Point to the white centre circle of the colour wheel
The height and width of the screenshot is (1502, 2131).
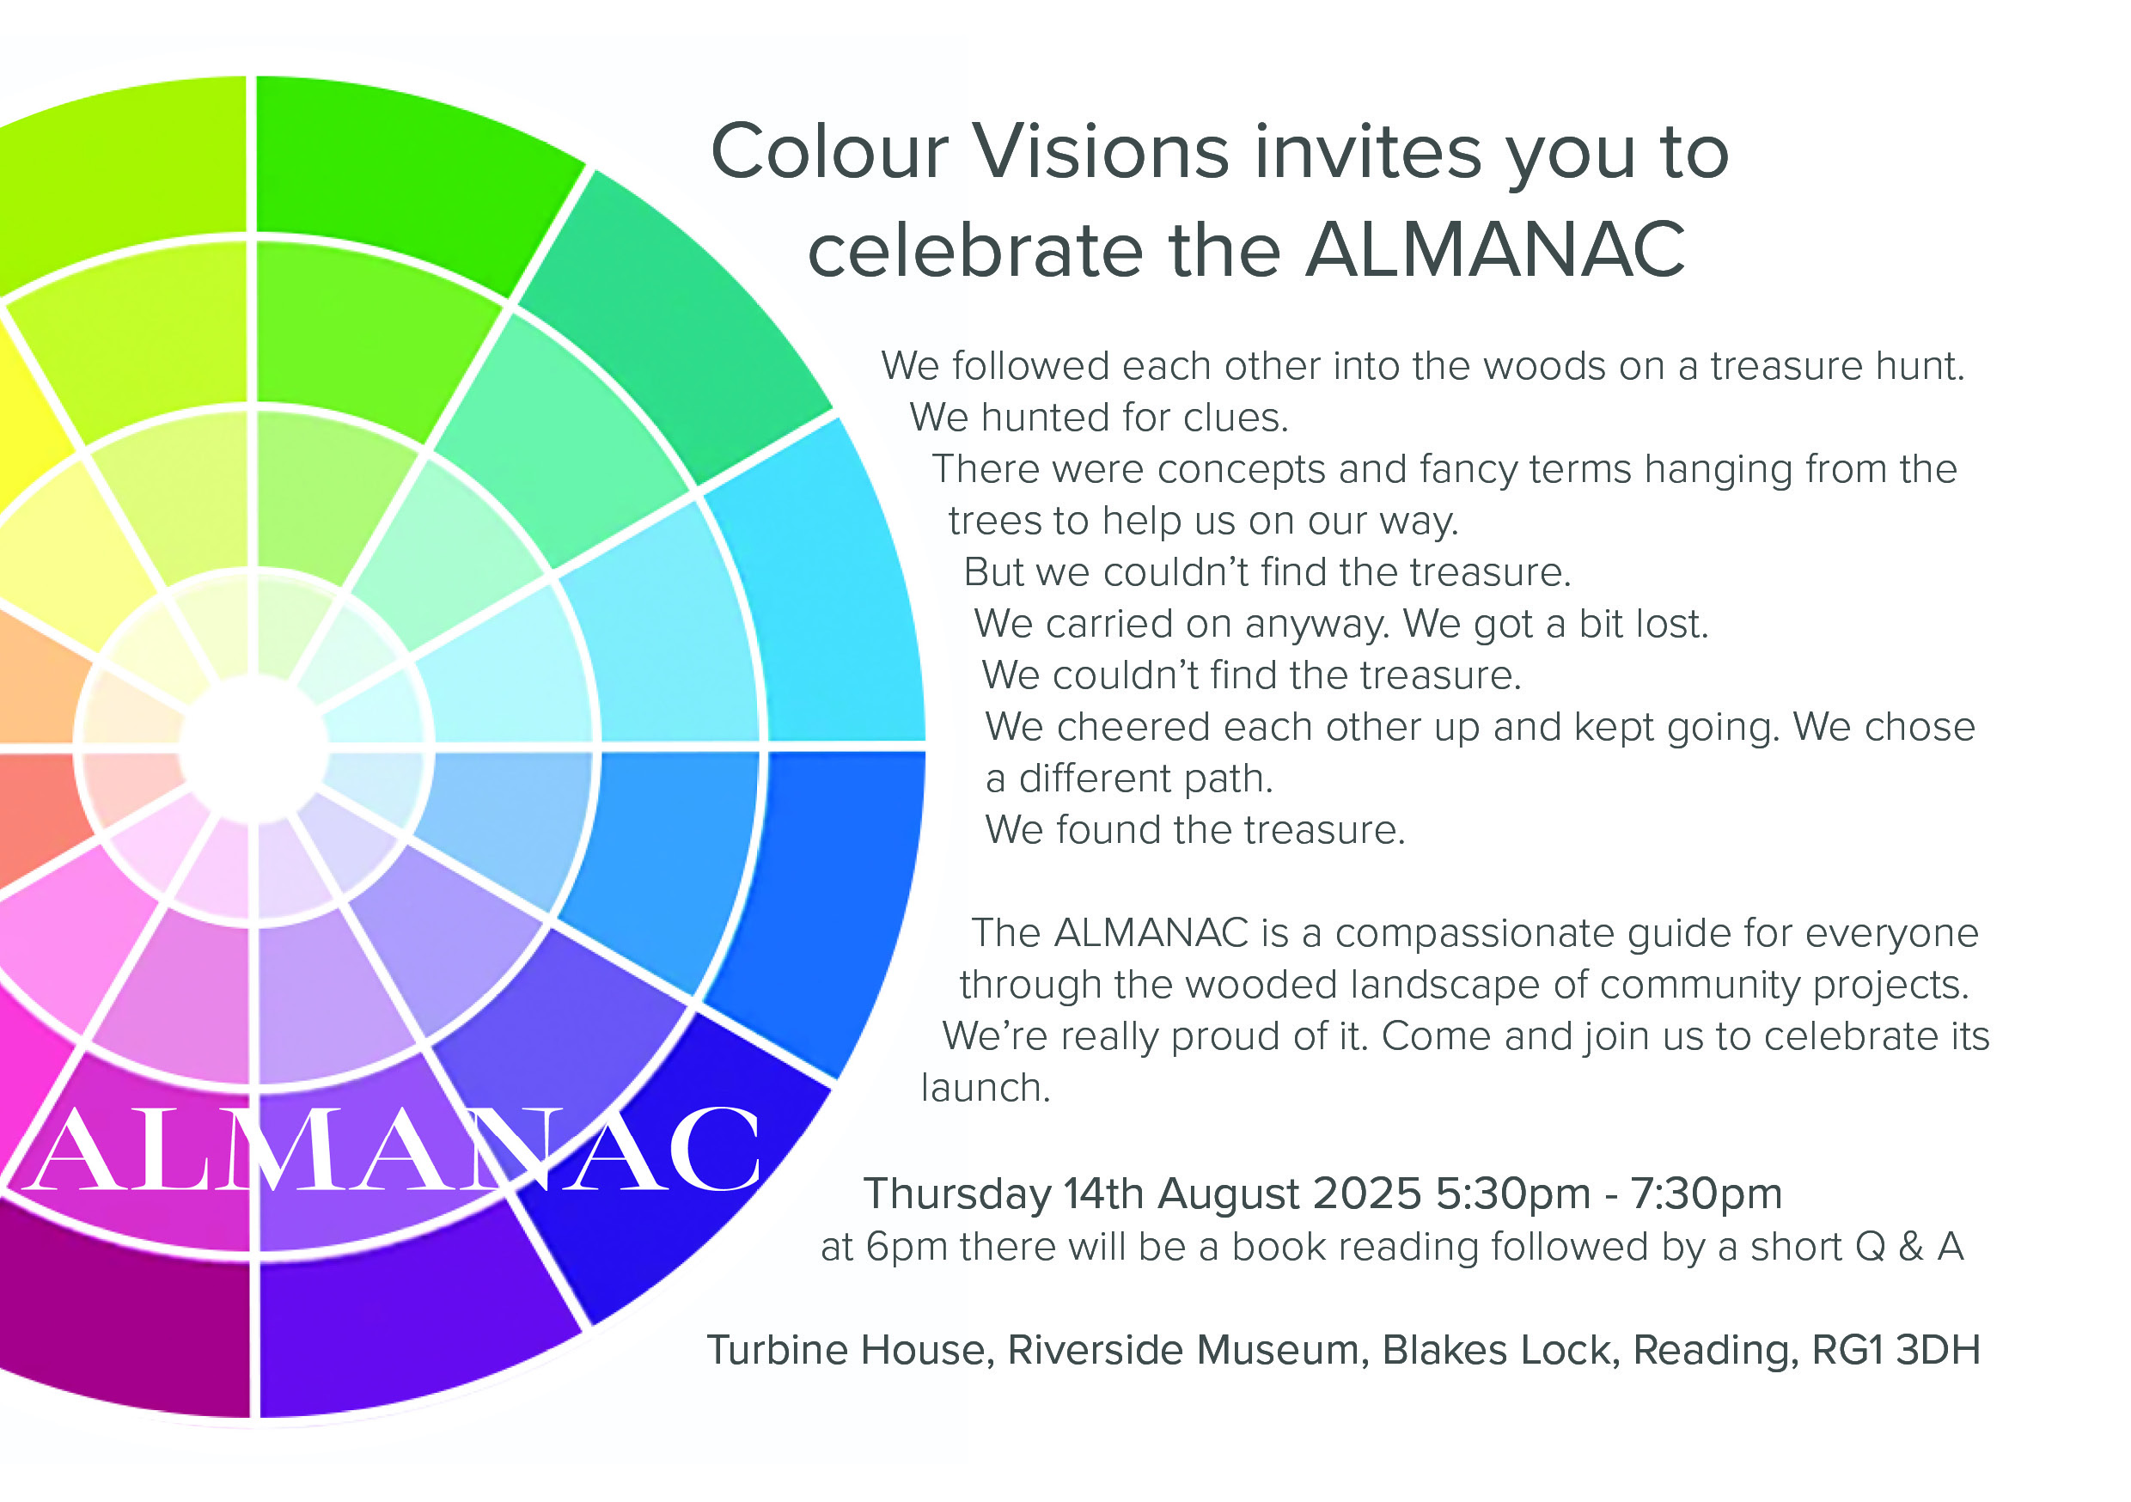pyautogui.click(x=253, y=748)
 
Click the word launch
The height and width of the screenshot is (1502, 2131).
pyautogui.click(x=986, y=1088)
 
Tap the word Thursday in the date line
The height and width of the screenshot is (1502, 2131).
pyautogui.click(x=957, y=1194)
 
